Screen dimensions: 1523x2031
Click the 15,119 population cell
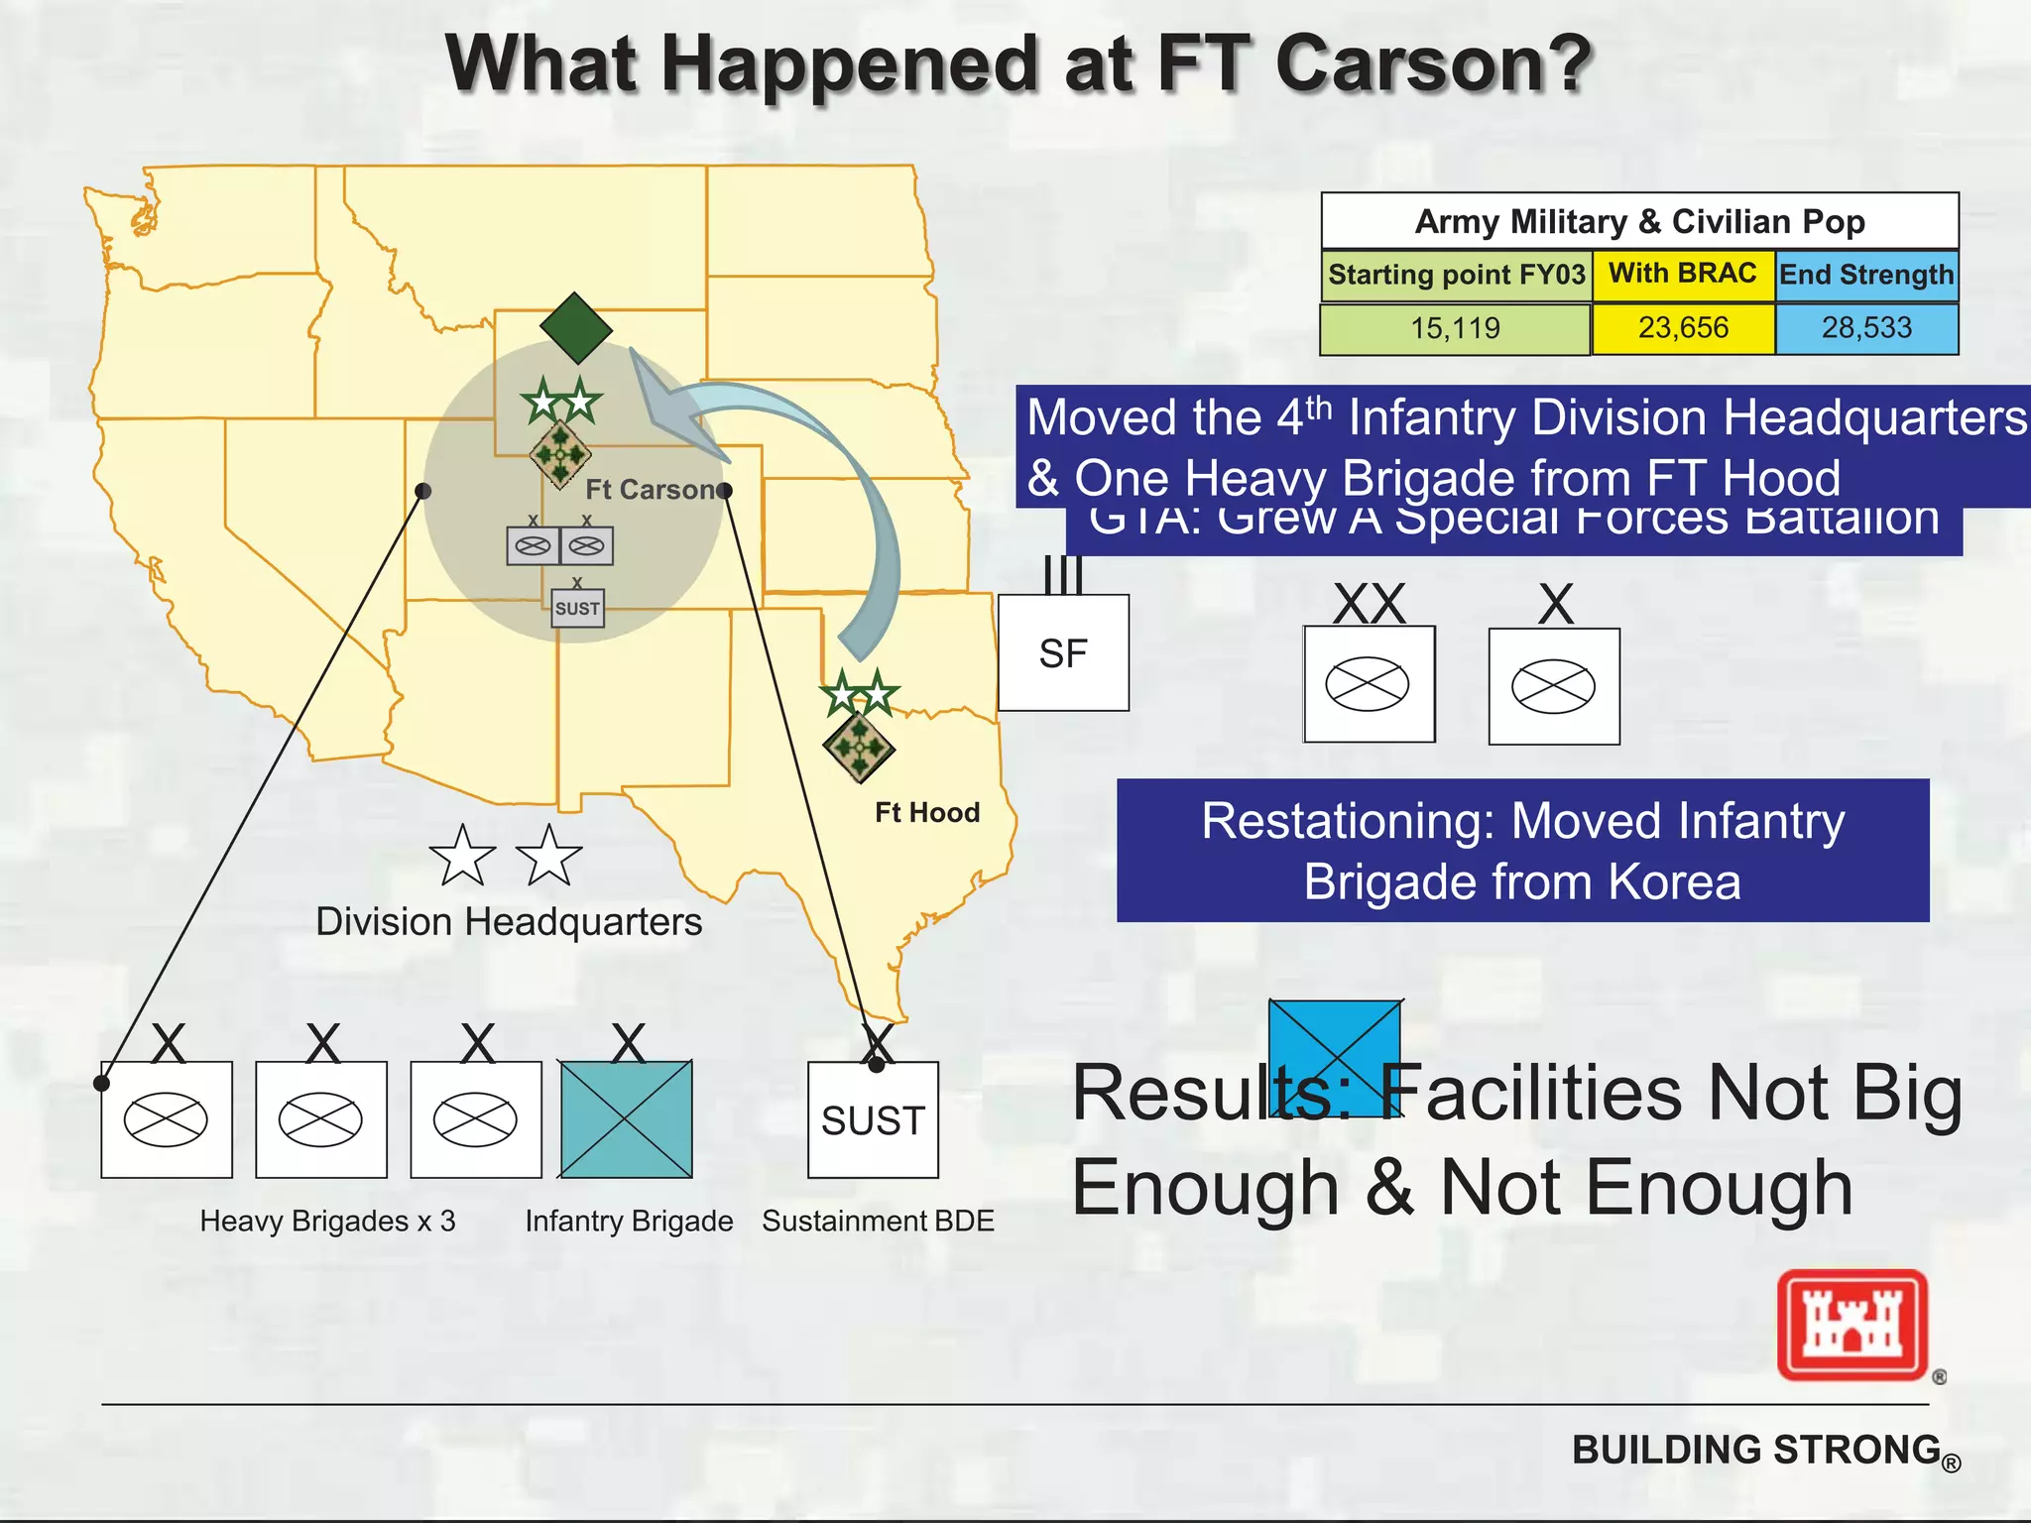[x=1455, y=328]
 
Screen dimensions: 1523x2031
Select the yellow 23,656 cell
[x=1683, y=328]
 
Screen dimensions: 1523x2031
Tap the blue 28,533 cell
[x=1866, y=328]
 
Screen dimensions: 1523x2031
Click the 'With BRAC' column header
[x=1682, y=274]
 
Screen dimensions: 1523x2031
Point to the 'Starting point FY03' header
[x=1456, y=275]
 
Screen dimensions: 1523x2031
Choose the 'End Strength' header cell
[x=1865, y=275]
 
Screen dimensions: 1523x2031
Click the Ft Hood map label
[x=926, y=813]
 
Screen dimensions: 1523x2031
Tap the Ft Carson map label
[x=651, y=490]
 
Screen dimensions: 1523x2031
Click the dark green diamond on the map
[x=576, y=328]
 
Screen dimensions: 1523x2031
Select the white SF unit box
[x=1063, y=652]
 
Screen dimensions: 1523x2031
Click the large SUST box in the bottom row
[x=873, y=1119]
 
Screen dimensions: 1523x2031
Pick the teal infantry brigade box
[x=627, y=1119]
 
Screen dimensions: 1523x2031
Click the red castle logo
[x=1852, y=1325]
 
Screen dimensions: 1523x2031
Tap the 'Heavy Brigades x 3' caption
[x=327, y=1221]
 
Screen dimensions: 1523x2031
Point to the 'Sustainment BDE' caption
[x=878, y=1221]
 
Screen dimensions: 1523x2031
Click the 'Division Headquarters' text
[x=508, y=922]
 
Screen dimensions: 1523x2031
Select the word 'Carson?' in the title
[x=1432, y=63]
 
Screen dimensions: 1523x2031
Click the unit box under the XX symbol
[x=1369, y=684]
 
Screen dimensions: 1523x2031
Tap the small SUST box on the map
[x=577, y=608]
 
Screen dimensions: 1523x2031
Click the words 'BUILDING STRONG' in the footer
[x=1755, y=1450]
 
